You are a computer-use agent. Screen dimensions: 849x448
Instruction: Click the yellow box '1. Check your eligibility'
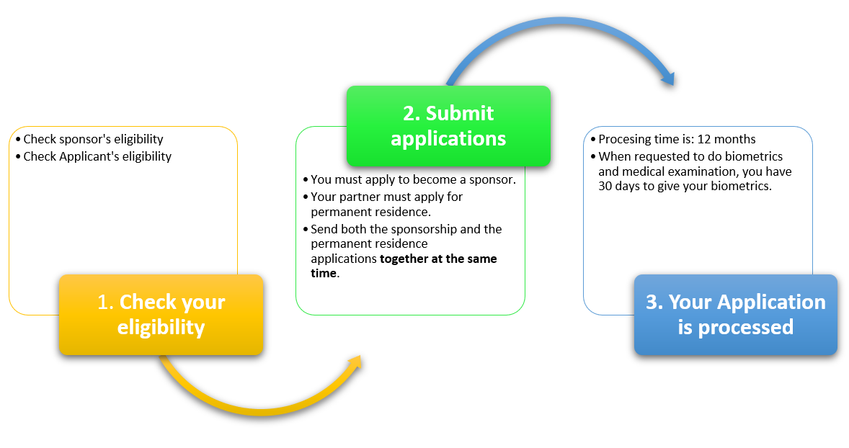pos(161,315)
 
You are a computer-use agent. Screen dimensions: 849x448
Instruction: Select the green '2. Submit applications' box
pos(448,126)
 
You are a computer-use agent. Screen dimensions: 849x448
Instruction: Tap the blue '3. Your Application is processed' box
pos(736,315)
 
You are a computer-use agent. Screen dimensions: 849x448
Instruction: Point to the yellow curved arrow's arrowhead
pos(355,363)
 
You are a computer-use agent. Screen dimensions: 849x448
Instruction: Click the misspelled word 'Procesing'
pos(623,139)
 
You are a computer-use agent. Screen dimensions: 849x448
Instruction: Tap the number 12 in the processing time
pos(703,139)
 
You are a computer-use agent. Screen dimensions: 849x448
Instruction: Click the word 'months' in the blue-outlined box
pos(734,139)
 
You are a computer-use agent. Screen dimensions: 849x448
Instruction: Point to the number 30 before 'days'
pos(605,186)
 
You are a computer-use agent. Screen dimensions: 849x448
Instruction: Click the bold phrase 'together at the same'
pos(438,259)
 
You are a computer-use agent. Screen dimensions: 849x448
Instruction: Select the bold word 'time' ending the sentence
pos(324,273)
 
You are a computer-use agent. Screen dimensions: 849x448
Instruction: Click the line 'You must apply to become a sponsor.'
pos(413,179)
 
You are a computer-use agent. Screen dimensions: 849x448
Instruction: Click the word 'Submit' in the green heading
pos(460,113)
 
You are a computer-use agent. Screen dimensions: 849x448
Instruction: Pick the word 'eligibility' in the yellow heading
pos(161,327)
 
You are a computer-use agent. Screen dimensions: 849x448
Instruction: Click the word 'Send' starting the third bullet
pos(324,230)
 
